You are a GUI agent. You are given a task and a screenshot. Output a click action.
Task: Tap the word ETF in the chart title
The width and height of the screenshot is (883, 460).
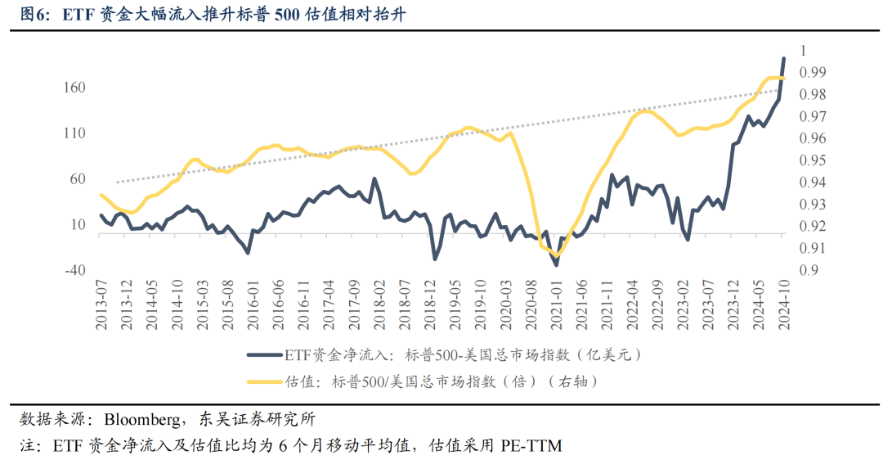(78, 16)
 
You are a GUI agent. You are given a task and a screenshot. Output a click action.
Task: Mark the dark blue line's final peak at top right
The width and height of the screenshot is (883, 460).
(784, 59)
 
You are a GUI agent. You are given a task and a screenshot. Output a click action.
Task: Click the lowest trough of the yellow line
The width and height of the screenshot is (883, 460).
(557, 256)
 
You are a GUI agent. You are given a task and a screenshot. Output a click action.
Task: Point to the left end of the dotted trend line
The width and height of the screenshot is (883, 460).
(117, 182)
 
